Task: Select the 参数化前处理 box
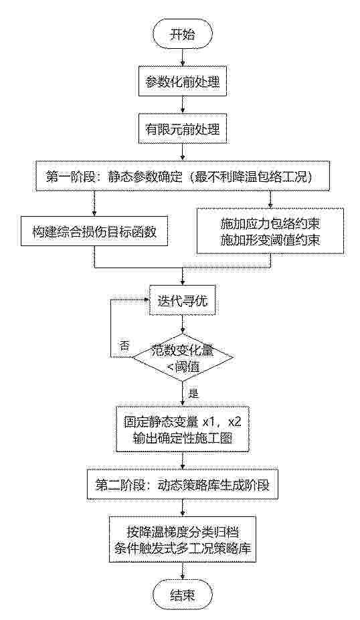tap(182, 84)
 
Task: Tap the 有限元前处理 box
tap(182, 130)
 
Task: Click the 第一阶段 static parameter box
tap(183, 177)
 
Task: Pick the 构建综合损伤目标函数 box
tap(94, 231)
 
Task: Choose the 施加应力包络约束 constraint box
tap(270, 231)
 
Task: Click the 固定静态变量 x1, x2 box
tap(183, 430)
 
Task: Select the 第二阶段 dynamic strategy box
tap(183, 486)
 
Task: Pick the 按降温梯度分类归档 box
tap(183, 540)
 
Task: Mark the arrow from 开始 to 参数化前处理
tap(182, 58)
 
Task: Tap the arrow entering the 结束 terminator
tap(182, 573)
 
